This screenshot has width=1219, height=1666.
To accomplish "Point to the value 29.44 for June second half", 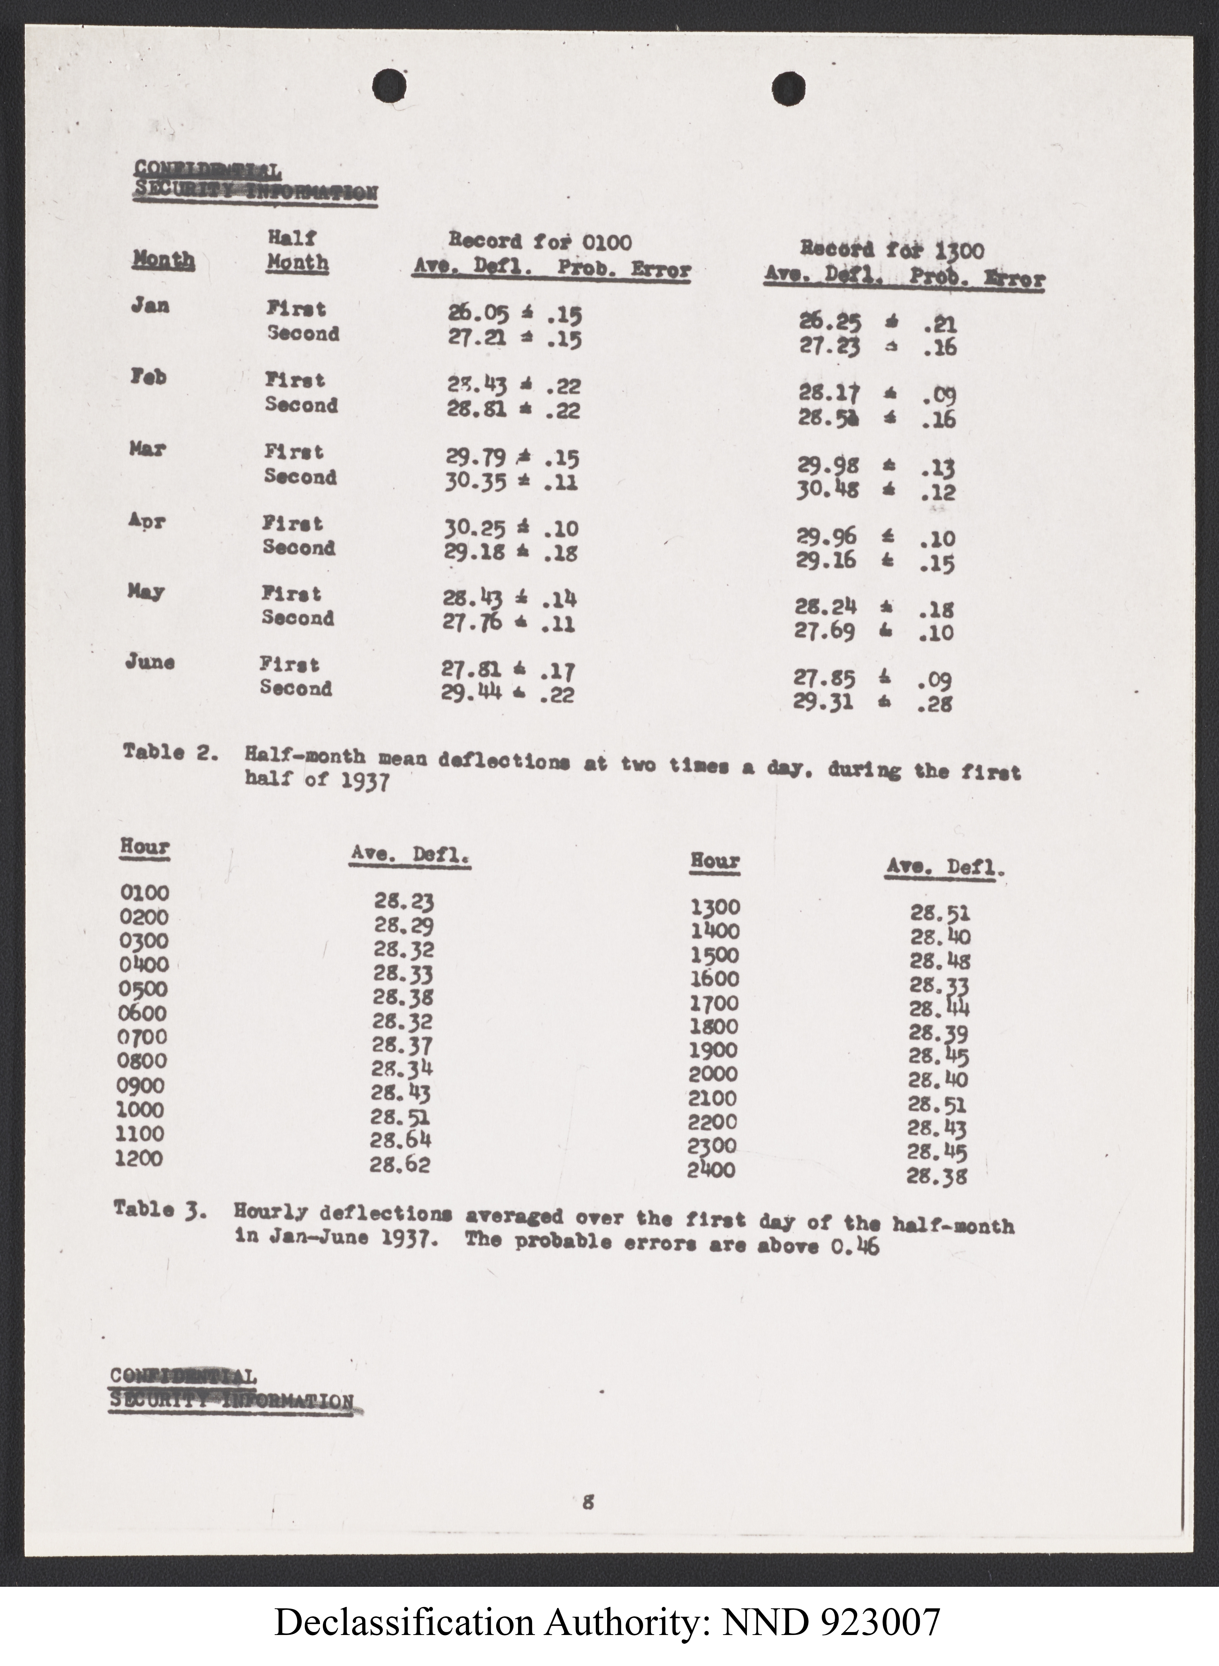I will click(471, 692).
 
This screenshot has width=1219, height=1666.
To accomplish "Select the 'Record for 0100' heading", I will click(540, 241).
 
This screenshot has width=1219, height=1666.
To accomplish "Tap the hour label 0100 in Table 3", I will click(144, 892).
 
